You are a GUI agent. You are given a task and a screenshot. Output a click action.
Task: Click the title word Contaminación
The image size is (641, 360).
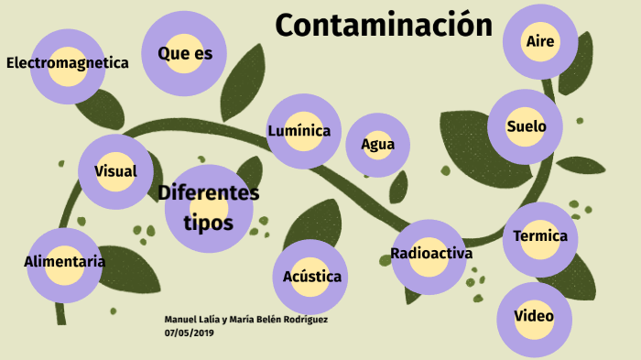click(384, 26)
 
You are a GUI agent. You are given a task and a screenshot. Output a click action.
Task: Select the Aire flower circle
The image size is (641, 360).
click(540, 41)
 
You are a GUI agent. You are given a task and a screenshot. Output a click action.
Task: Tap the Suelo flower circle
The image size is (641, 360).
click(526, 126)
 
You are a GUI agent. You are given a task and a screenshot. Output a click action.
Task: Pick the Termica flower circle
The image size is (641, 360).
click(540, 237)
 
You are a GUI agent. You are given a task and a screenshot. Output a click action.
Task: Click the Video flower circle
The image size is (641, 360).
click(534, 317)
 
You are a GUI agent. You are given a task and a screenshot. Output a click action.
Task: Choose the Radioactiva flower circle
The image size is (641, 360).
click(430, 255)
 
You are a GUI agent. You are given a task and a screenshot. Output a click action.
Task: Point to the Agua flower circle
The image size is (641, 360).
click(377, 144)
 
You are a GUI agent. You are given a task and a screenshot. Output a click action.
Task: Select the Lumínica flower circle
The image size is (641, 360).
click(299, 131)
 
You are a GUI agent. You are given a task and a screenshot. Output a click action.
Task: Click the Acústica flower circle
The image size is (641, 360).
click(311, 277)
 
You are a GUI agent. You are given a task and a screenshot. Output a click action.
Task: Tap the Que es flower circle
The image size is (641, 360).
click(185, 54)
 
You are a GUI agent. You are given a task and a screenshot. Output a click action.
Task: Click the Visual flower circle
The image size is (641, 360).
click(115, 171)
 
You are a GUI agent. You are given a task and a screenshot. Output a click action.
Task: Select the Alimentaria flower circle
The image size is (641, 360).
click(64, 263)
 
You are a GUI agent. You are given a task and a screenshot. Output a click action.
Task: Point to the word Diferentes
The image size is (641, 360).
click(209, 193)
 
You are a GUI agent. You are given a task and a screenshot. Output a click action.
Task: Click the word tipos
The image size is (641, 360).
click(208, 224)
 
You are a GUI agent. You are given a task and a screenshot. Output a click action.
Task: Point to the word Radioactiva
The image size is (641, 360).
click(430, 254)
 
